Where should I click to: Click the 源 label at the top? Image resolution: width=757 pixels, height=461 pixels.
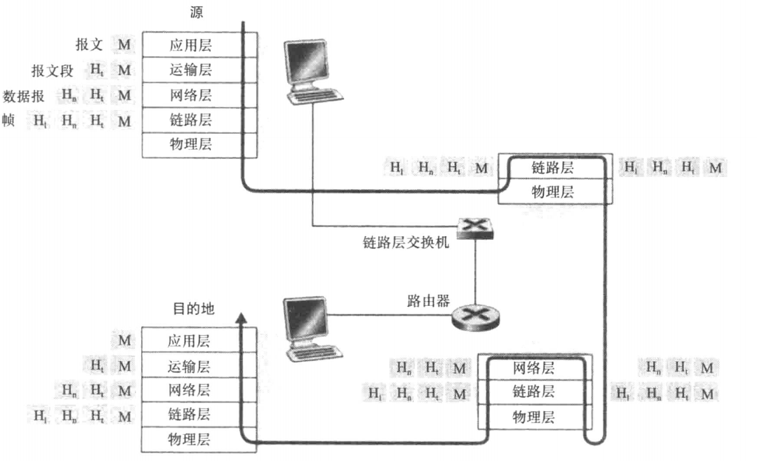(x=197, y=12)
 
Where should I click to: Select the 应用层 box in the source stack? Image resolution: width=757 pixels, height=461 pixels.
(x=190, y=45)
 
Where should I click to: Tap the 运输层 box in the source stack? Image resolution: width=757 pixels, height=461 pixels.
(x=190, y=70)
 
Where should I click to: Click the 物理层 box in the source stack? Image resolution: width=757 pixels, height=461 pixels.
(x=190, y=145)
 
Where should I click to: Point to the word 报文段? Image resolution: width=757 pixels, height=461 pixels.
(x=52, y=70)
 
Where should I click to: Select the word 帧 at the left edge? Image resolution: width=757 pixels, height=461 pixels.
(x=8, y=120)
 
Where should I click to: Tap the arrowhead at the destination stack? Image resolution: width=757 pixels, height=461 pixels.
(x=242, y=317)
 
